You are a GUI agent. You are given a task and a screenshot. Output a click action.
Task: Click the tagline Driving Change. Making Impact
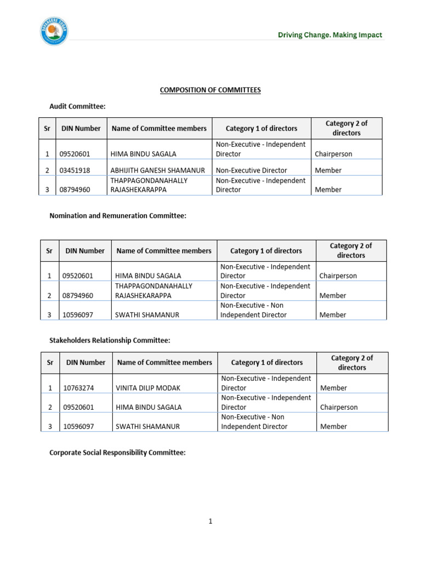click(x=330, y=35)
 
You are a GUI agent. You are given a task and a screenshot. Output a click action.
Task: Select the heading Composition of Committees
click(x=210, y=90)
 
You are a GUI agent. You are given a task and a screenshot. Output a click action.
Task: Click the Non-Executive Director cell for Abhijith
click(x=251, y=170)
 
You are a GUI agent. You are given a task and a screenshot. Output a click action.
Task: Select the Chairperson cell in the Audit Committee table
click(x=333, y=154)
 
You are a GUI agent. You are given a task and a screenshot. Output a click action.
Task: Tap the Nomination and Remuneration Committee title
click(x=118, y=216)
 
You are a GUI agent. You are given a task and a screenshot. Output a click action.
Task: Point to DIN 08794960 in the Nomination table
click(x=78, y=296)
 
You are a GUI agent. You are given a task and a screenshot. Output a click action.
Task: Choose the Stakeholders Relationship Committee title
click(x=110, y=341)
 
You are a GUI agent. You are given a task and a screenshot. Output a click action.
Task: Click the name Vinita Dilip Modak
click(x=148, y=388)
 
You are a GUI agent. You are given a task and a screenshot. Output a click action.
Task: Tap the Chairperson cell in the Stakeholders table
click(x=339, y=408)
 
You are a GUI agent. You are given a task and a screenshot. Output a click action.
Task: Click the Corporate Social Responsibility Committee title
click(x=117, y=453)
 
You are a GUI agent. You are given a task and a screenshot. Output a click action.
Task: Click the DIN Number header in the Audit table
click(x=81, y=129)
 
